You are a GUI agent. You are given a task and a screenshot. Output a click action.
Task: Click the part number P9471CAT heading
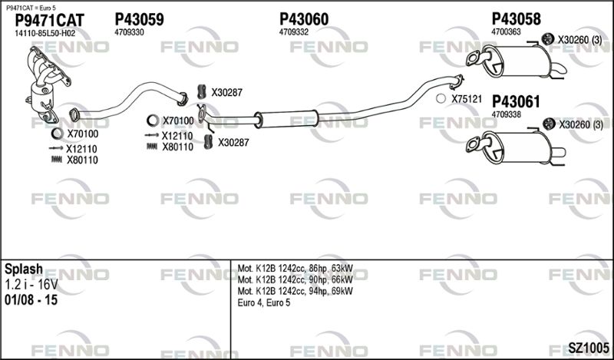[x=49, y=20]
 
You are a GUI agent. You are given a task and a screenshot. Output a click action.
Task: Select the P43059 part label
[x=139, y=19]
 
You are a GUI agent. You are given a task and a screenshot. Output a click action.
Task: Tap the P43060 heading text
[x=304, y=19]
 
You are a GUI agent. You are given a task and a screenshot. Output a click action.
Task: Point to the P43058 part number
[x=516, y=18]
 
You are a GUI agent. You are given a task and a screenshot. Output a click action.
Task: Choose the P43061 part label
[x=516, y=102]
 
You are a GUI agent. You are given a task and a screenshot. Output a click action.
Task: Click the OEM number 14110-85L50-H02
[x=45, y=33]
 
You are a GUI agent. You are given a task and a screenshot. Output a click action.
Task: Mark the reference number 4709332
[x=293, y=32]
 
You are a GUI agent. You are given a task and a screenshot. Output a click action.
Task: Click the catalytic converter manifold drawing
[x=47, y=84]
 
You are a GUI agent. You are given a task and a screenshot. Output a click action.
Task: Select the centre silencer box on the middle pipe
[x=289, y=119]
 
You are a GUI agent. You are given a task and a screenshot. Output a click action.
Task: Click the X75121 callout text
[x=467, y=99]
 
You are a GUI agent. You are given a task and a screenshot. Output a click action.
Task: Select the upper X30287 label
[x=226, y=93]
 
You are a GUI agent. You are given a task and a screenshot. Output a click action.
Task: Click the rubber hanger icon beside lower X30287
[x=209, y=142]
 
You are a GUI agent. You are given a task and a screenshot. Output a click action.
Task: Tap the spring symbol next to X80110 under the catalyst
[x=57, y=159]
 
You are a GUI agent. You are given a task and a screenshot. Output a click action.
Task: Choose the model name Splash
[x=24, y=269]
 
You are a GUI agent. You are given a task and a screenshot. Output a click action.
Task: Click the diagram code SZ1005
[x=589, y=347]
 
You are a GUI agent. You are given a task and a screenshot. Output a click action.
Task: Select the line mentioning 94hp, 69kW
[x=295, y=291]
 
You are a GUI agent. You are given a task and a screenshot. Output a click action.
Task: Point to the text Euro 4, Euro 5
[x=264, y=302]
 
